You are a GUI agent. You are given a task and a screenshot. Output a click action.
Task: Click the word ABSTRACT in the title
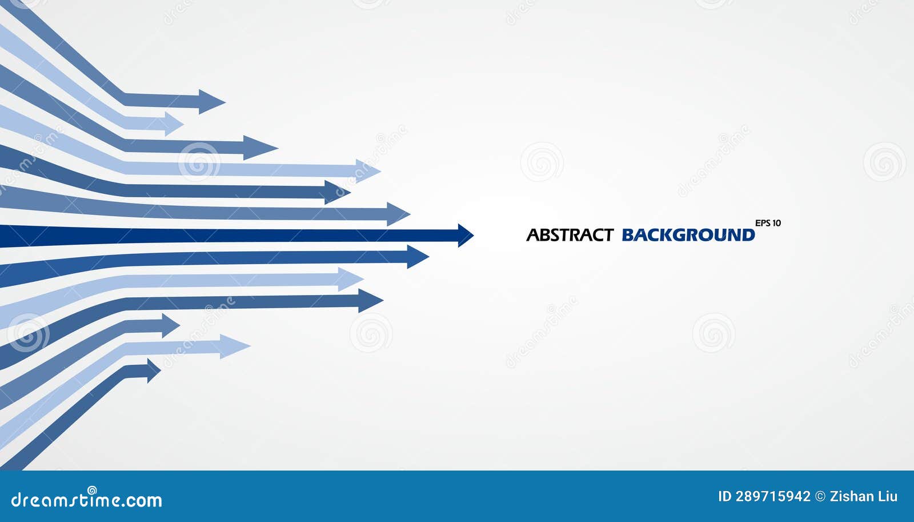point(570,235)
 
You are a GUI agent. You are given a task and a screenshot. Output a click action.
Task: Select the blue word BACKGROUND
point(688,235)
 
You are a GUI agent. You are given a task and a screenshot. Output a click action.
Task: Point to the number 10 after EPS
point(776,223)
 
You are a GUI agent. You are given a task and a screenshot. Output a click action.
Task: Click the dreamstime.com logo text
point(87,500)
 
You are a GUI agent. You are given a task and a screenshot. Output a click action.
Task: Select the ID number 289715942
point(774,496)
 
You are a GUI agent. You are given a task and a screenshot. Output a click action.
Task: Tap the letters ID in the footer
point(724,496)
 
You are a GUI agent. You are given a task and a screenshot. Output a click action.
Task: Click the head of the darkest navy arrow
point(465,235)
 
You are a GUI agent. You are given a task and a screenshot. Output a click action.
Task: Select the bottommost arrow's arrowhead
point(153,370)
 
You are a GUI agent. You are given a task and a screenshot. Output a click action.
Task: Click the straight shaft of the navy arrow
point(228,235)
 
